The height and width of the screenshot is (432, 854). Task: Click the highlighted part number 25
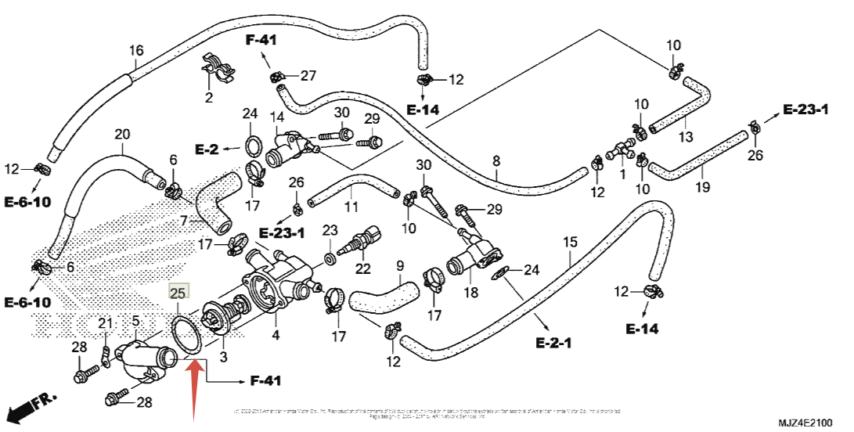tap(178, 293)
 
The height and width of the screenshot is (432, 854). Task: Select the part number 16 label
tap(136, 51)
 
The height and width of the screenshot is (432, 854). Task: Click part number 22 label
tap(362, 268)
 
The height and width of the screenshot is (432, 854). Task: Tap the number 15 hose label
tap(570, 242)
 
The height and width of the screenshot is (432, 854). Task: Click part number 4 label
tap(276, 336)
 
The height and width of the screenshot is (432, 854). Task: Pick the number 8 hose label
tap(495, 161)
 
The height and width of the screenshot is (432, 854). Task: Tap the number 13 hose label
tap(685, 137)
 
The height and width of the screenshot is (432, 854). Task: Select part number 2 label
tap(209, 98)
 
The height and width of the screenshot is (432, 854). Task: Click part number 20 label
tap(122, 134)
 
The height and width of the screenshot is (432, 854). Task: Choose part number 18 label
tap(470, 293)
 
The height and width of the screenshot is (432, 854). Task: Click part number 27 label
tap(308, 76)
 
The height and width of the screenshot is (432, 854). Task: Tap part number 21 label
tap(105, 324)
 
